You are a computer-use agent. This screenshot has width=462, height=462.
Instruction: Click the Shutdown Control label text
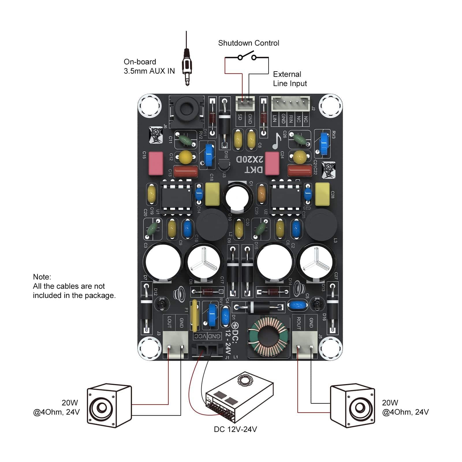248,43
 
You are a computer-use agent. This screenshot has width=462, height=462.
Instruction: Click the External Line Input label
290,79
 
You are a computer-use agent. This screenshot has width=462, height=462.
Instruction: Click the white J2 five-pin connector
290,103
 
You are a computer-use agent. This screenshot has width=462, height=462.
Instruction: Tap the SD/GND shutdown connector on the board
245,103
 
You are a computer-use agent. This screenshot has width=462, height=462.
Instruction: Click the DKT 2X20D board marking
250,165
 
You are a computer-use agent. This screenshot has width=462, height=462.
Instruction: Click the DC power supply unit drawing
240,397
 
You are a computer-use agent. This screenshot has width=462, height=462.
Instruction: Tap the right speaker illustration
352,406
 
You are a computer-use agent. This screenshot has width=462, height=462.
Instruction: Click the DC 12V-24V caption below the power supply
235,429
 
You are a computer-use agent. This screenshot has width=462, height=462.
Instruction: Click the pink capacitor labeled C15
156,164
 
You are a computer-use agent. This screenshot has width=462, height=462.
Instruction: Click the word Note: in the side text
42,277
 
